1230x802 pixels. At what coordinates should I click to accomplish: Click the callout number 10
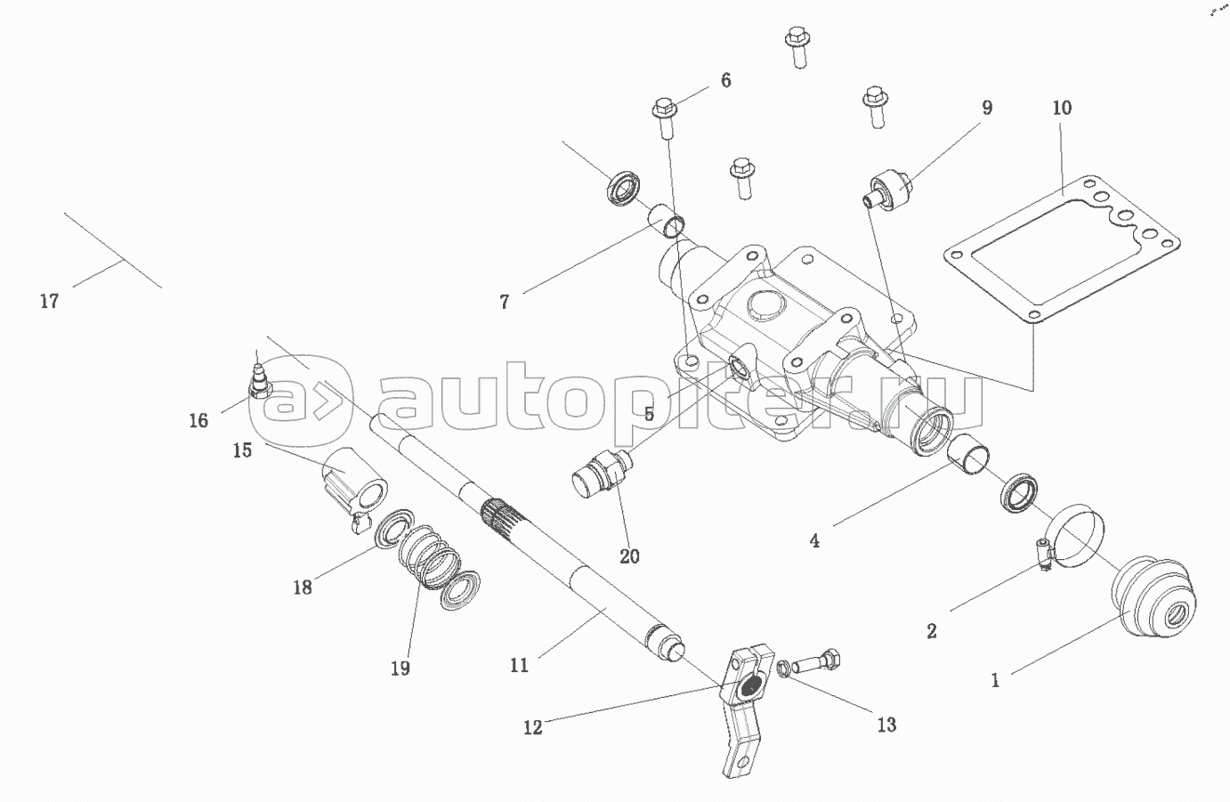point(1062,109)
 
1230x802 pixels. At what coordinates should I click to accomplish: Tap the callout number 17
point(49,302)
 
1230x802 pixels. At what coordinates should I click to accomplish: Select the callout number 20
point(629,556)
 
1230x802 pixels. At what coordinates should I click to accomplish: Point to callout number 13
point(886,725)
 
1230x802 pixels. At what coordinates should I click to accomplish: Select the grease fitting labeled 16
point(260,384)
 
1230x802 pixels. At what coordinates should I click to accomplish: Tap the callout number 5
point(649,414)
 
